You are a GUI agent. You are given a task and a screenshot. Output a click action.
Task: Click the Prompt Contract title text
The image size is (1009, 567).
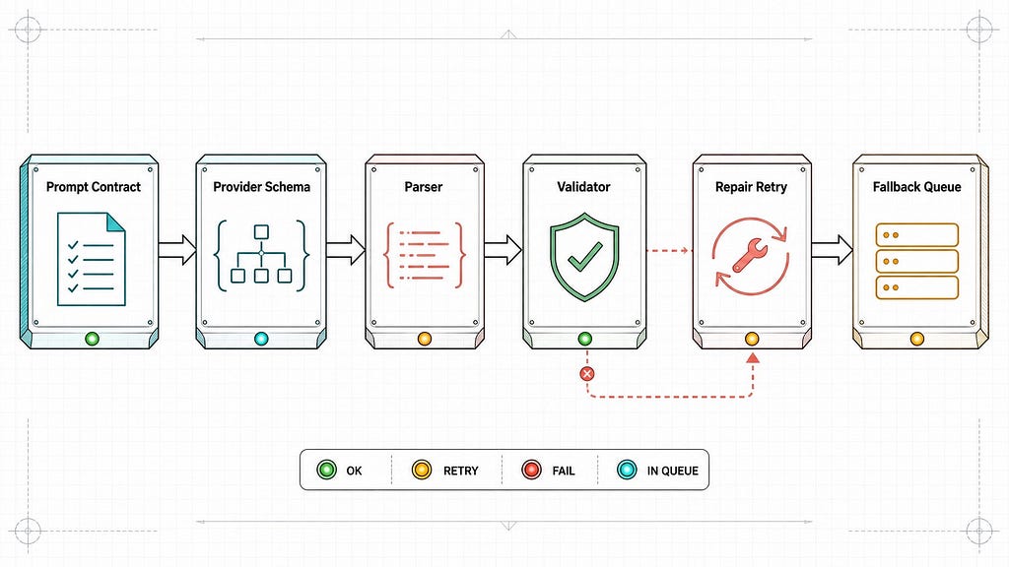[x=94, y=187]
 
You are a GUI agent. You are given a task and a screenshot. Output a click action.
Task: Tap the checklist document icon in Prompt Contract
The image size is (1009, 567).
[x=91, y=259]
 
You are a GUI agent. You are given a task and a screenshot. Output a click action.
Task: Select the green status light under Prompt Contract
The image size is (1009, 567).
[x=92, y=339]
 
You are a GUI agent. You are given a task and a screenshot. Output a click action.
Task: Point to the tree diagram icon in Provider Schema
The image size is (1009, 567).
[x=261, y=255]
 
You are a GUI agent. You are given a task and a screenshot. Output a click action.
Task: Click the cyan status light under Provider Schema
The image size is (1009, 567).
[x=261, y=339]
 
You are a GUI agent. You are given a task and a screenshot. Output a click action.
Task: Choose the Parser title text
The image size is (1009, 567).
[x=424, y=187]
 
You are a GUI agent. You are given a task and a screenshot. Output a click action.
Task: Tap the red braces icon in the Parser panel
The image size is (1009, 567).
[x=424, y=255]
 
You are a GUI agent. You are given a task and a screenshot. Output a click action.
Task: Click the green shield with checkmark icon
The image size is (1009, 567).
[x=584, y=257]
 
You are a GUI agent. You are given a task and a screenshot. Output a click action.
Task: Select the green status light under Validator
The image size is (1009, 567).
[x=585, y=339]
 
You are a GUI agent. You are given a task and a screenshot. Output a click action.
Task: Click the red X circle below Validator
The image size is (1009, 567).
[x=587, y=374]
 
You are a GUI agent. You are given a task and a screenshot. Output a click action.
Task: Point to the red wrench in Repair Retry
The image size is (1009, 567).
[x=747, y=255]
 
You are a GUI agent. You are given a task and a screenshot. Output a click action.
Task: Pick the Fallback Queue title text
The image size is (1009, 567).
[x=917, y=187]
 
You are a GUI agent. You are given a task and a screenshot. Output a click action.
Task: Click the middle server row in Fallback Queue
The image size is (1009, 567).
[x=917, y=262]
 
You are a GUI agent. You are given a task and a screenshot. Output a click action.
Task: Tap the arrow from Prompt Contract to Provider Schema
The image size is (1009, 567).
[x=177, y=249]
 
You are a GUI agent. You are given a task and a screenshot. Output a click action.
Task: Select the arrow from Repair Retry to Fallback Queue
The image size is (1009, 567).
[x=832, y=249]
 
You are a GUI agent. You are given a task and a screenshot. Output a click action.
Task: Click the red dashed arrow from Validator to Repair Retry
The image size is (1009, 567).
[x=668, y=251]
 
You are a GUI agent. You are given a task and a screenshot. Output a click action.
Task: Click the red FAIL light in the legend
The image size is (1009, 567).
[x=531, y=470]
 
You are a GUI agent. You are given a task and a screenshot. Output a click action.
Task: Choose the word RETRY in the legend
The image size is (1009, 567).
[x=461, y=472]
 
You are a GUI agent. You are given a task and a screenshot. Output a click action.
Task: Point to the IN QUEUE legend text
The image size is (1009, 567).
[x=672, y=472]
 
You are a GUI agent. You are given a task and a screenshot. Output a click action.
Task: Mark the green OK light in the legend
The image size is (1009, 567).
[x=327, y=470]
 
